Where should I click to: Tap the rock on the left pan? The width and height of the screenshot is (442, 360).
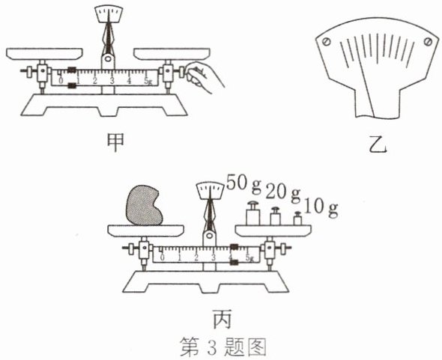click(x=144, y=205)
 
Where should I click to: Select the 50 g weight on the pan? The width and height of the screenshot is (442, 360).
click(x=252, y=213)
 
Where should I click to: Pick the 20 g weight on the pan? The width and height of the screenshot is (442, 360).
click(x=275, y=216)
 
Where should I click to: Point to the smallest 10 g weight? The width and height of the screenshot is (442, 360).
click(x=297, y=219)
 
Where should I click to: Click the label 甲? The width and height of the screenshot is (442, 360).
click(x=115, y=143)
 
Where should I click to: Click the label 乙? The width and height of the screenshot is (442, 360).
click(x=378, y=144)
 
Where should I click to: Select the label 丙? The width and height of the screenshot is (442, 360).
click(x=222, y=319)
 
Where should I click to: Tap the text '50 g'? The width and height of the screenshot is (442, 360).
click(x=244, y=183)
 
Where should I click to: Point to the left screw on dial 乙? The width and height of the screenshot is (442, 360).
click(x=327, y=42)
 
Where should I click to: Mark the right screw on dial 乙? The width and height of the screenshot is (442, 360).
click(x=428, y=42)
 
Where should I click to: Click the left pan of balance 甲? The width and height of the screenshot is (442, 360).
click(x=44, y=54)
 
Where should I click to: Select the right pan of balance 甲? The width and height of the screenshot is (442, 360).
click(x=172, y=54)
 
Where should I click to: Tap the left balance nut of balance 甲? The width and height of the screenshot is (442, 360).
click(x=28, y=71)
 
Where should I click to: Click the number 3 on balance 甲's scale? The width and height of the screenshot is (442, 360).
click(x=112, y=81)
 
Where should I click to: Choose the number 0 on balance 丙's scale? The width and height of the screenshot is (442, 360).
click(x=162, y=257)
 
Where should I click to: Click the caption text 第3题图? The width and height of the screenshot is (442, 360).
click(x=223, y=347)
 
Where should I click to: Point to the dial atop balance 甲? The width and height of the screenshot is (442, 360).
click(x=109, y=13)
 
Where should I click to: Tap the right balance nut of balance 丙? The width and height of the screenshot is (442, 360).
click(x=285, y=248)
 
